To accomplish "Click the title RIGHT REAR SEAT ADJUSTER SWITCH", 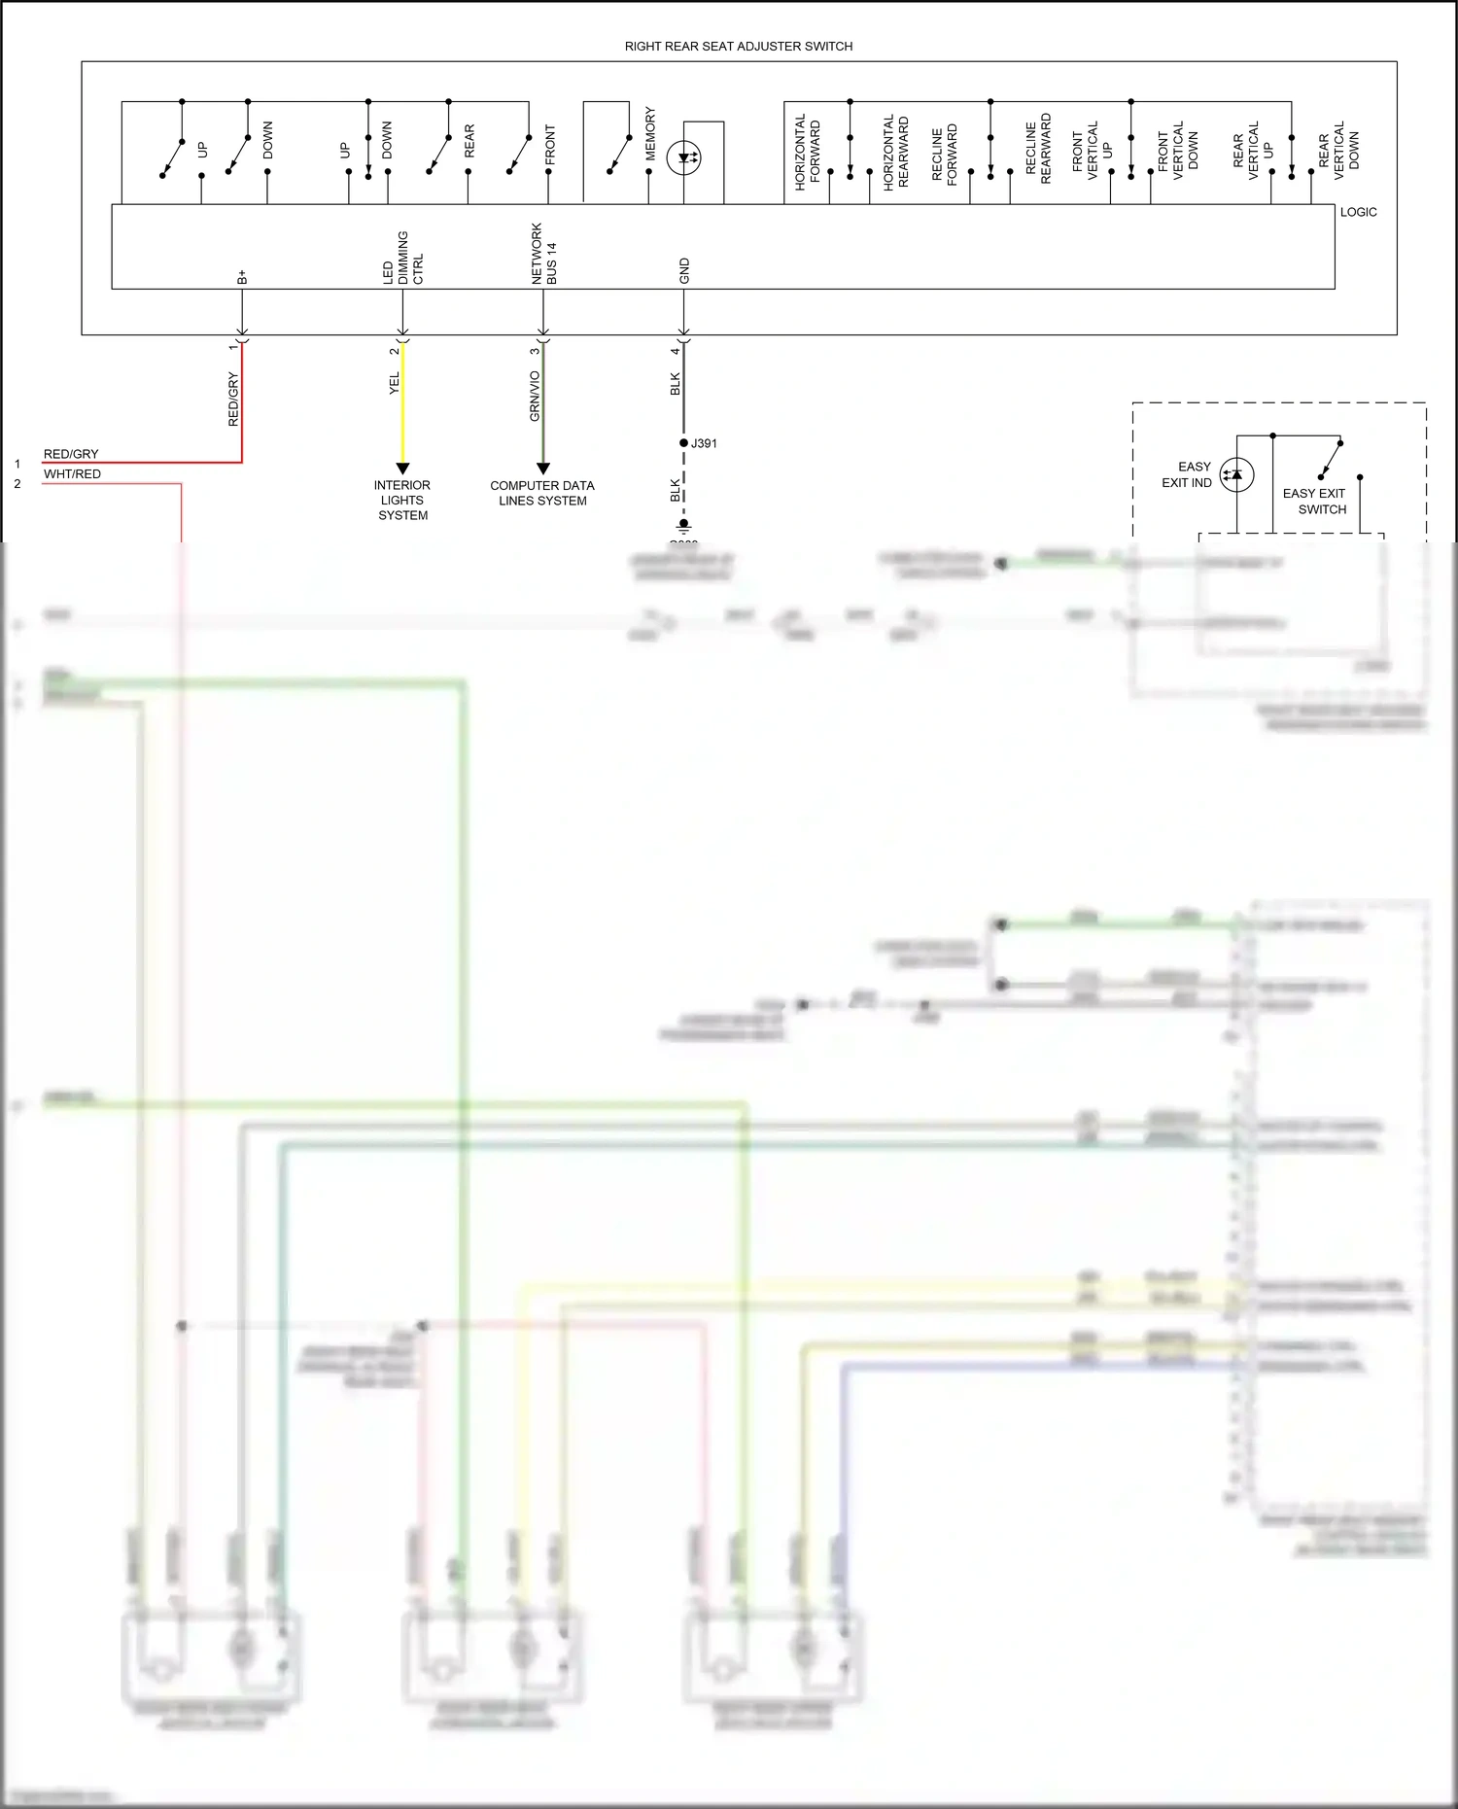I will (738, 46).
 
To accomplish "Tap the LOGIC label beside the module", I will (1358, 212).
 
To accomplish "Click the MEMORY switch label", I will (650, 134).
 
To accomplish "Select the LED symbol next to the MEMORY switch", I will (684, 157).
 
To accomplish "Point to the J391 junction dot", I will (684, 443).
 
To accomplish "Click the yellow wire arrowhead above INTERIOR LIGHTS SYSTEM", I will (402, 469).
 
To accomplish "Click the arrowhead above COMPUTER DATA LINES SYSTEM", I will (543, 469).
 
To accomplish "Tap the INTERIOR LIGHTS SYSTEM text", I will (402, 500).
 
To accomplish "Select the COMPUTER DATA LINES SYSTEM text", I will (542, 493).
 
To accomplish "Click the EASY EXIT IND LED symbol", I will (1236, 474).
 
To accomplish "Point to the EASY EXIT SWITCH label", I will (1314, 501).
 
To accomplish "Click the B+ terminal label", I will (242, 277).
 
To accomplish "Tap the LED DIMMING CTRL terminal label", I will (402, 258).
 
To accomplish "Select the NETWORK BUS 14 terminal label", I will (543, 254).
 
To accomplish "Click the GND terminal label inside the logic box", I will (684, 271).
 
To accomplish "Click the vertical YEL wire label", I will (395, 383).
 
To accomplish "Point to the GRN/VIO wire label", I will (535, 396).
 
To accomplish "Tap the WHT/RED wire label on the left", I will (72, 474).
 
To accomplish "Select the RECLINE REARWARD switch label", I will (1038, 149).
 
